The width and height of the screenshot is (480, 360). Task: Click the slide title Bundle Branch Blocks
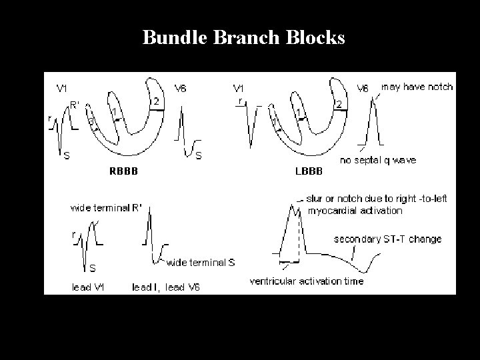(x=243, y=37)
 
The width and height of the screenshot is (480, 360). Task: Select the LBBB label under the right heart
(x=308, y=171)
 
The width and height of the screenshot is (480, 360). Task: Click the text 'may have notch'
(x=417, y=87)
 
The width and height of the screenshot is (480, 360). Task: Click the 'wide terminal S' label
(x=200, y=262)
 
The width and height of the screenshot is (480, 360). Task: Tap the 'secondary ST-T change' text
(x=387, y=239)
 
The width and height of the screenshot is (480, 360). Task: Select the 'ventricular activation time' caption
(x=307, y=281)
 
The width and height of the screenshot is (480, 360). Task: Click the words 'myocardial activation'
(x=355, y=210)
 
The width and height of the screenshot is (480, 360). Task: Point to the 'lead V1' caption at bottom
(x=88, y=287)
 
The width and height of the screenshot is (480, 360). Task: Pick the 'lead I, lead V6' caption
(x=165, y=287)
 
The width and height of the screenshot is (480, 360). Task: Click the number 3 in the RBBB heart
(x=91, y=122)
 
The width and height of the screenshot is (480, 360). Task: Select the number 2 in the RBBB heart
(x=155, y=101)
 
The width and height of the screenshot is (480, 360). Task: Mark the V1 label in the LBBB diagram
(x=238, y=87)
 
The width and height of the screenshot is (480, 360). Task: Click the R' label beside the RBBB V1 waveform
(x=75, y=103)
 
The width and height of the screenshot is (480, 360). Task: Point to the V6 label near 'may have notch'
(x=363, y=87)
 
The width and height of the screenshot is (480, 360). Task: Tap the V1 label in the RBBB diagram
(x=61, y=87)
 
